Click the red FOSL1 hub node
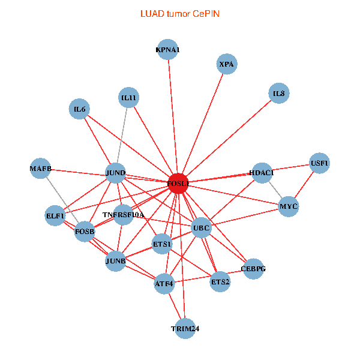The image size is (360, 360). (x=178, y=183)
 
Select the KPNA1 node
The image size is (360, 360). (x=167, y=50)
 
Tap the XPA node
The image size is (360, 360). (x=226, y=64)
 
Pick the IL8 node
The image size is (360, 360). (x=278, y=93)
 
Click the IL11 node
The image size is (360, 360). (x=128, y=98)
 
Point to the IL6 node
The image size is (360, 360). (x=79, y=109)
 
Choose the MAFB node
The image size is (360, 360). (x=41, y=169)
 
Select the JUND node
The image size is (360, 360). (x=115, y=173)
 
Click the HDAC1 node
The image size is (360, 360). (x=262, y=173)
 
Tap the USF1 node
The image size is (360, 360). (x=319, y=163)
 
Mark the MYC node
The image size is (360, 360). (x=288, y=207)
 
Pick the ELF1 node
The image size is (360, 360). (x=55, y=215)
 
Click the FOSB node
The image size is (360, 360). (x=84, y=232)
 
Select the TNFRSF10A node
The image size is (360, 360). (x=123, y=215)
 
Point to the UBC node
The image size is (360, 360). (x=201, y=228)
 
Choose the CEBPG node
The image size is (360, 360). (x=253, y=268)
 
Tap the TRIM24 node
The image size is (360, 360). (x=184, y=329)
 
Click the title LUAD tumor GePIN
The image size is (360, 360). (x=179, y=13)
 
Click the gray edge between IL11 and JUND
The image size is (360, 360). (x=122, y=136)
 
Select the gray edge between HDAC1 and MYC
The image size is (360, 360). (x=275, y=190)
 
